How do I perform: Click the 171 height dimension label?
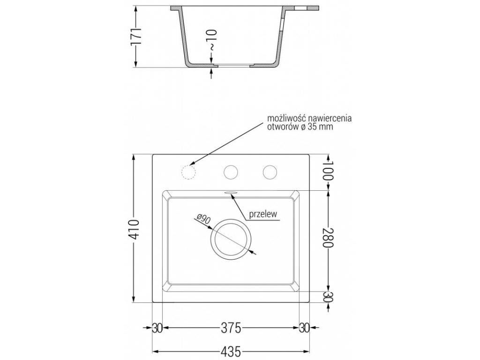coord(136,36)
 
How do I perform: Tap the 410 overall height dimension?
coord(135,229)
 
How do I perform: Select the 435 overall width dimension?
coord(231,351)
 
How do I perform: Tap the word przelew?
coord(263,214)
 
